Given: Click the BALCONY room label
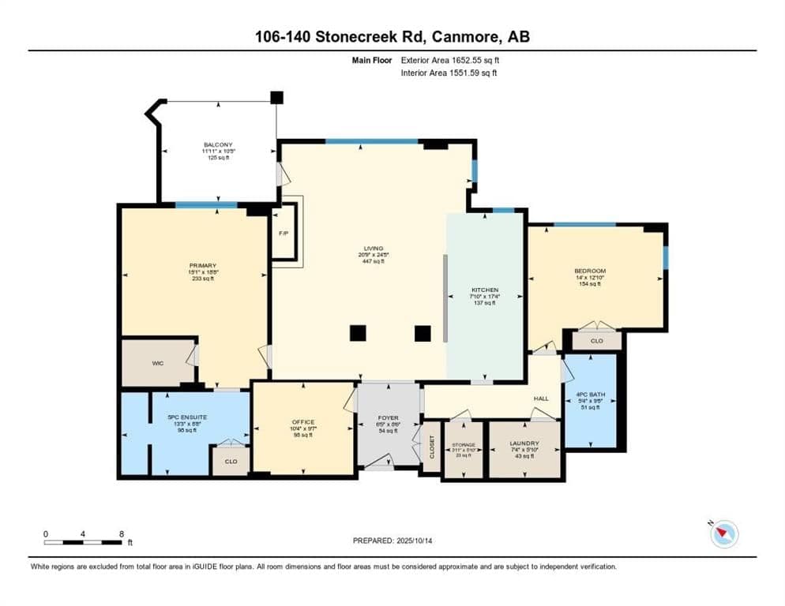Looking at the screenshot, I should click(218, 144).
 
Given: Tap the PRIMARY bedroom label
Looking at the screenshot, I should click(203, 265).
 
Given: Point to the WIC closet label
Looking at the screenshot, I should click(157, 364).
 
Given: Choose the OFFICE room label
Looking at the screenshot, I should click(303, 422).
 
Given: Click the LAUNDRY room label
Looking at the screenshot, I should click(524, 444).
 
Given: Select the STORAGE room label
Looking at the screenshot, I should click(463, 445).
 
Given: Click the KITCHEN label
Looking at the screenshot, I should click(484, 290).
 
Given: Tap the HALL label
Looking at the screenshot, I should click(540, 398).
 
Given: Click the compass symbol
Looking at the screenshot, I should click(723, 535).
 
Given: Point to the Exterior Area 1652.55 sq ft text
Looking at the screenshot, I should click(450, 60).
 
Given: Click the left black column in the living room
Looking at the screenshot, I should click(358, 333).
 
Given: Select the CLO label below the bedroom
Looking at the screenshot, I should click(598, 342).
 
